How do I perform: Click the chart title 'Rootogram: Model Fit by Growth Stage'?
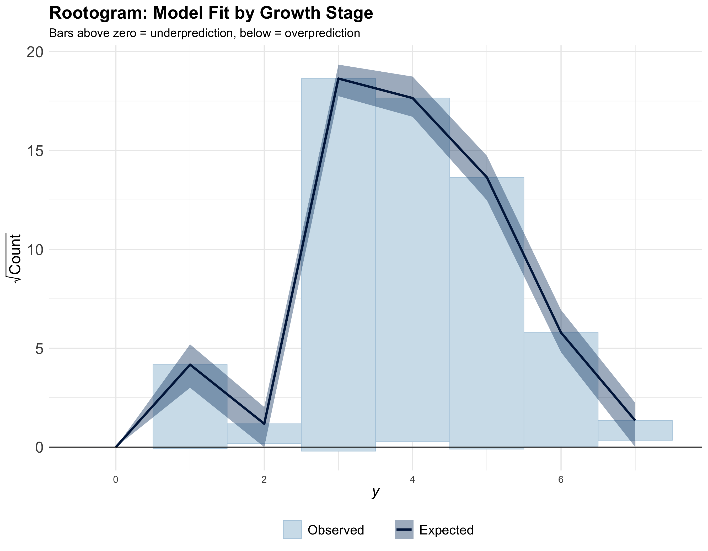point(211,13)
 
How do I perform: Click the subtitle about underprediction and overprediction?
point(204,33)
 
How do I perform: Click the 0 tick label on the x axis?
point(116,480)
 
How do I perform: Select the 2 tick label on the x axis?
point(264,480)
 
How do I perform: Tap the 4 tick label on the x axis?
point(412,480)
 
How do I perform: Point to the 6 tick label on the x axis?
point(561,480)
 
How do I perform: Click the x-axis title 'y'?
point(376,492)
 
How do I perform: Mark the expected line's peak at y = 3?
point(339,78)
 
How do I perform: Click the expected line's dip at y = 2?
point(264,424)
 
